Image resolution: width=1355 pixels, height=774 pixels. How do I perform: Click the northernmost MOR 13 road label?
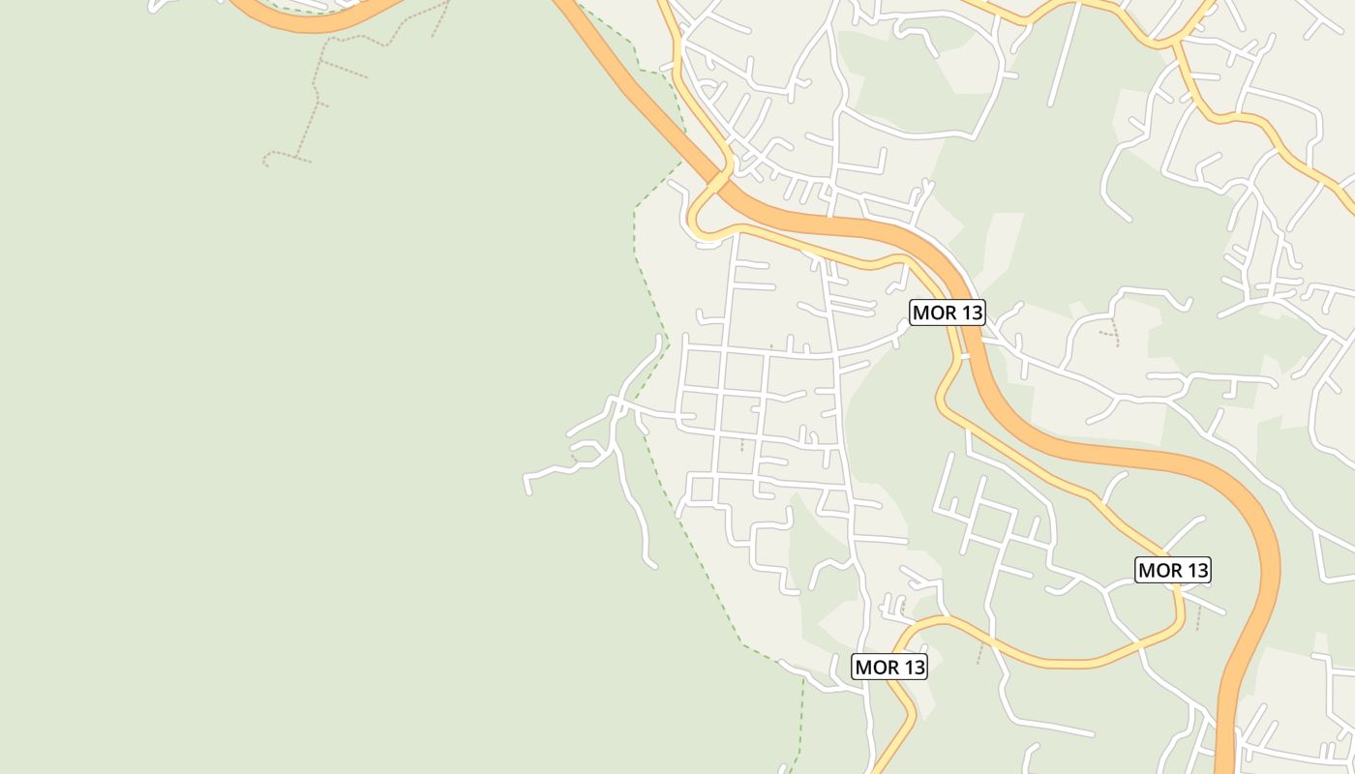948,313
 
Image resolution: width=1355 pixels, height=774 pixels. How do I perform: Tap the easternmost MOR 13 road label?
1173,571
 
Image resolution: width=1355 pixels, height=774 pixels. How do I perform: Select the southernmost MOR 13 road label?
889,667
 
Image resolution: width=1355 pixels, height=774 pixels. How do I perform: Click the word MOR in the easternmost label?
1159,571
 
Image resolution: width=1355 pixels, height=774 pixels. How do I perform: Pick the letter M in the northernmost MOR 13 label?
921,313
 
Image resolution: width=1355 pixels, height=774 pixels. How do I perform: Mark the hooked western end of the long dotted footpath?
266,160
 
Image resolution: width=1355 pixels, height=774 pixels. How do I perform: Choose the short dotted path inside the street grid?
742,444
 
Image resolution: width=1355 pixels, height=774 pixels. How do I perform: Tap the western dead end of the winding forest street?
527,489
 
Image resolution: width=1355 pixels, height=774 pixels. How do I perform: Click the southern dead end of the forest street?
654,565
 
